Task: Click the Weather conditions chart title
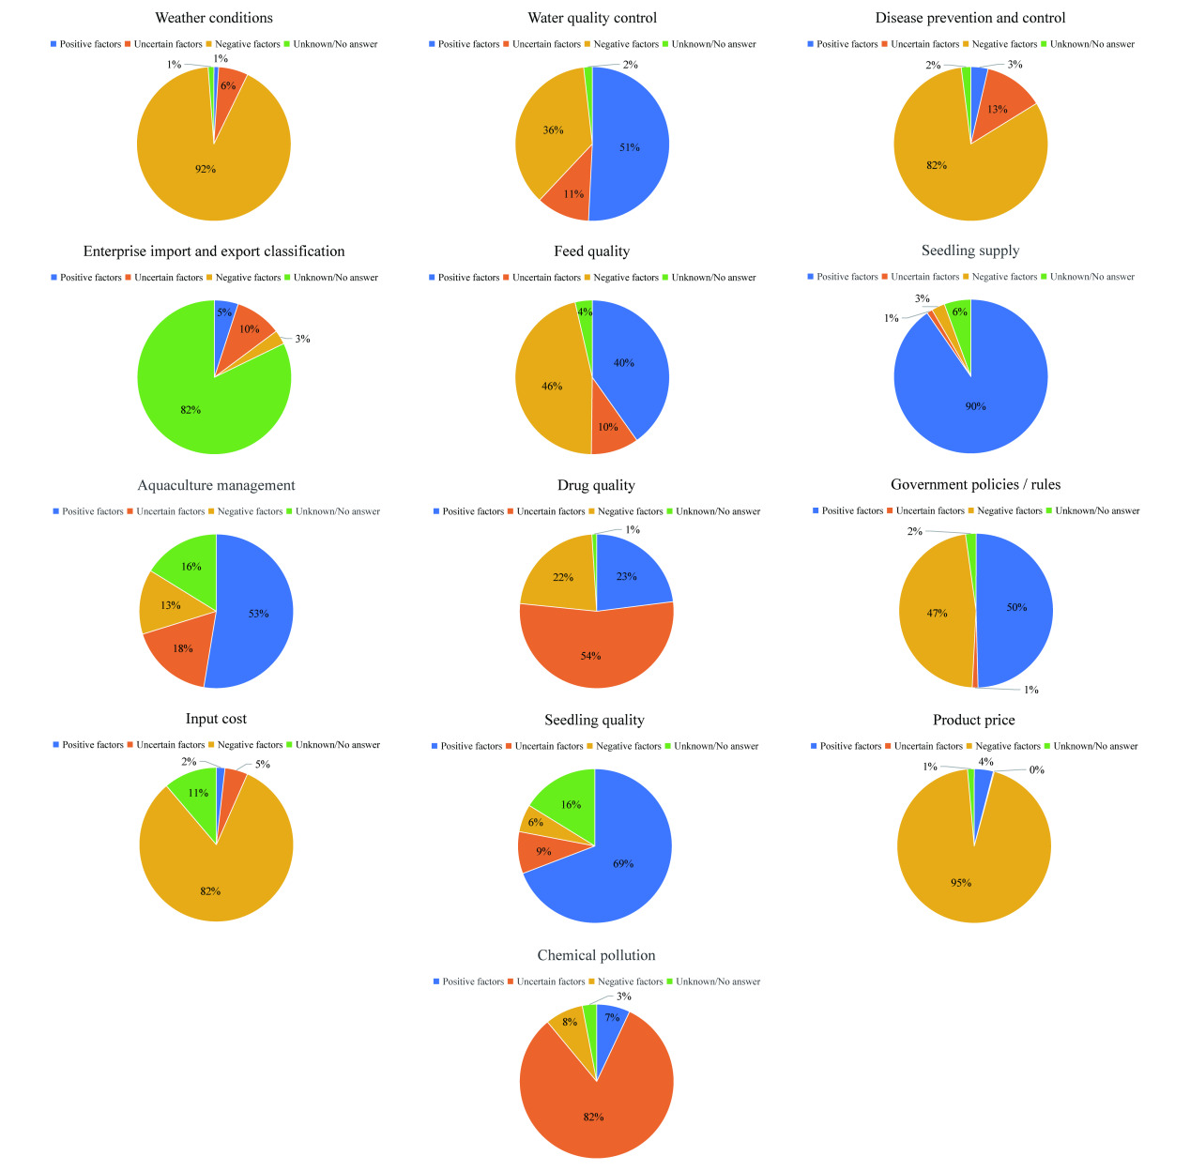(214, 18)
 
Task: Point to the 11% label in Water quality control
(574, 194)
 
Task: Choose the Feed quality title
(591, 251)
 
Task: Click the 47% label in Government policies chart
(938, 614)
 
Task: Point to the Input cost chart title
(216, 719)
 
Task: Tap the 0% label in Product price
(1037, 770)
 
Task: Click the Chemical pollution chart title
(596, 955)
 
